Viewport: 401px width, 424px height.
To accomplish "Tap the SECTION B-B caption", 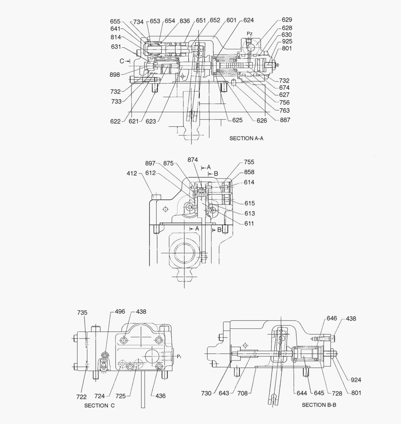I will [319, 405].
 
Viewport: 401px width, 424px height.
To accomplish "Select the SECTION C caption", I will [100, 406].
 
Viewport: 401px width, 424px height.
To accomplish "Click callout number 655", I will [115, 22].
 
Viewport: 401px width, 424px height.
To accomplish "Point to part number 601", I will [231, 20].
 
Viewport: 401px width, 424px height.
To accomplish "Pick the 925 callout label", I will [287, 42].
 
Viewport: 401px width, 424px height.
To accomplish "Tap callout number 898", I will [115, 75].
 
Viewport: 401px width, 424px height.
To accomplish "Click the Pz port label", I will [250, 34].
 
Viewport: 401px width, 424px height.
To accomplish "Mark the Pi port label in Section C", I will [179, 356].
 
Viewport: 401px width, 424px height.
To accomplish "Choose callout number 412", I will [132, 173].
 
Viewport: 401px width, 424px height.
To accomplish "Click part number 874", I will [193, 160].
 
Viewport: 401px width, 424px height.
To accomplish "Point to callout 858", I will [249, 172].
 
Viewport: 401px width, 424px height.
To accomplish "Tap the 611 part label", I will [249, 223].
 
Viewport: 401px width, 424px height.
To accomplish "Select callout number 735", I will [82, 313].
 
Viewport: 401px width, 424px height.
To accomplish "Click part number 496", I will [120, 312].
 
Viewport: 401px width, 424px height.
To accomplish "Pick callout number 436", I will [160, 396].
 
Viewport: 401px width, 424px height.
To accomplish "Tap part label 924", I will [356, 380].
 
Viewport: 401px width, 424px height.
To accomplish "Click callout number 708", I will [242, 393].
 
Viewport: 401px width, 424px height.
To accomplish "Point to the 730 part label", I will [206, 393].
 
